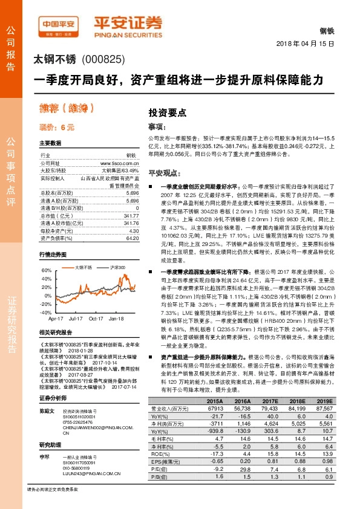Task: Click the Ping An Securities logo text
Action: tap(128, 24)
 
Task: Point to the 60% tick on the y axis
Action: tap(45, 270)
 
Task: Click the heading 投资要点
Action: tap(168, 112)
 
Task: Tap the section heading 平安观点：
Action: tap(166, 172)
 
